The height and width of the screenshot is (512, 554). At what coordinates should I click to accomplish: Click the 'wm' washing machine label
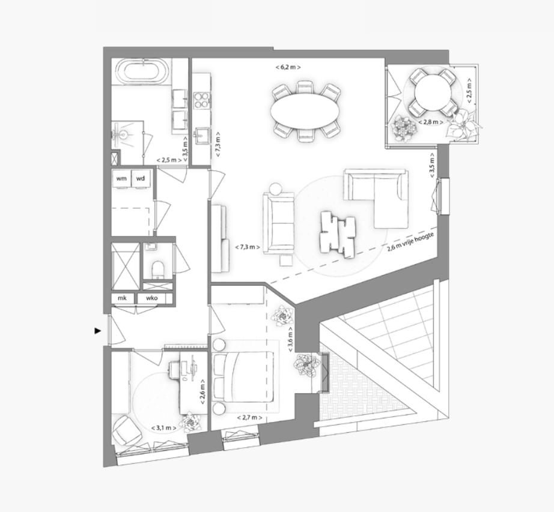[x=122, y=178]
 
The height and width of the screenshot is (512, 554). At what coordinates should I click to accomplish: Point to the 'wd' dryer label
[x=140, y=178]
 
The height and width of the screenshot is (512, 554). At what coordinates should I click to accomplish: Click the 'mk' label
[x=122, y=298]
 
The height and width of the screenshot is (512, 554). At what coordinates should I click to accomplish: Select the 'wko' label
[x=151, y=298]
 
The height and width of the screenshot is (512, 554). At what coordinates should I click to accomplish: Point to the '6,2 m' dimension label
[x=288, y=67]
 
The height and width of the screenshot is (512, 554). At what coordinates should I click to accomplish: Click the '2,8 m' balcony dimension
[x=430, y=122]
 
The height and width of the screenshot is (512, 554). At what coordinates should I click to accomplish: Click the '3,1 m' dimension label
[x=164, y=427]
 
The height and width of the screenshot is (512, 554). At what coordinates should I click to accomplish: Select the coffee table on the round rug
[x=338, y=232]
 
